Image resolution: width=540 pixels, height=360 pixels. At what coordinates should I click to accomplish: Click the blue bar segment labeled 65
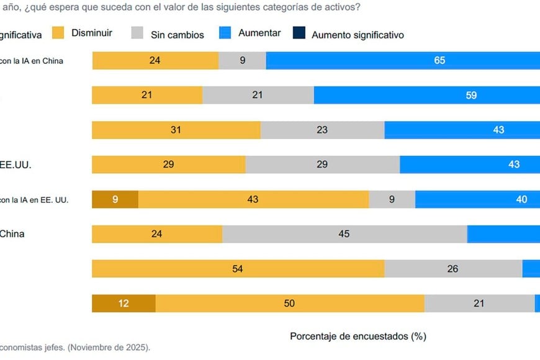pos(403,61)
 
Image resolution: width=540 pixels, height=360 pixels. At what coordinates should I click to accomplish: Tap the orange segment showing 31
pos(176,130)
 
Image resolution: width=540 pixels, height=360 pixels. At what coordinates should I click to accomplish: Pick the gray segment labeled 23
pos(323,130)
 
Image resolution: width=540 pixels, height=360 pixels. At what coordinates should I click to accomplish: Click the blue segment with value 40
pos(477,199)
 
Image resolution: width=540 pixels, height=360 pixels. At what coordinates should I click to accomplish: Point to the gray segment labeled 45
pos(344,234)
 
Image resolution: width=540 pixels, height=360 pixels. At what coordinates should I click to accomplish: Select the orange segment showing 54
pos(238,269)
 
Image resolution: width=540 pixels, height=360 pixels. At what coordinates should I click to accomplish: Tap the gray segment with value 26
pos(453,269)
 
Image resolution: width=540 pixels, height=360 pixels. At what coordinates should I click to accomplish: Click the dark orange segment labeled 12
pos(124,304)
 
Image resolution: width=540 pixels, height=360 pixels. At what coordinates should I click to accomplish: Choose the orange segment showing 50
pos(290,304)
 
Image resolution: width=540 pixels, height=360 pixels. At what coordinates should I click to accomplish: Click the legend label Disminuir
pos(91,33)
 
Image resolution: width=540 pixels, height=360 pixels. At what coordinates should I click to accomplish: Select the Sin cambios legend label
pos(177,35)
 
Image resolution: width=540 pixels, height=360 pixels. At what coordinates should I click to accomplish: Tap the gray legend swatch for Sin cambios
pos(138,34)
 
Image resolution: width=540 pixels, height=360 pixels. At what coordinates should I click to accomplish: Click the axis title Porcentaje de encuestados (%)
pos(358,336)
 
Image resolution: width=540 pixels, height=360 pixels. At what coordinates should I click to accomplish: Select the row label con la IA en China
pos(31,61)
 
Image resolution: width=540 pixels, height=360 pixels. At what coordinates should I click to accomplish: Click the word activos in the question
pos(341,7)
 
